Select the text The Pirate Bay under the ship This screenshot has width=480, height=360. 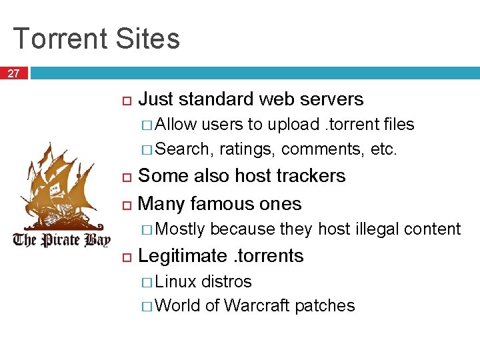[61, 239]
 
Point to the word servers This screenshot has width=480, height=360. [331, 99]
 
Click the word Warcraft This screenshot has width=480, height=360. [257, 306]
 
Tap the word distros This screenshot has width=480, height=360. [227, 281]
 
